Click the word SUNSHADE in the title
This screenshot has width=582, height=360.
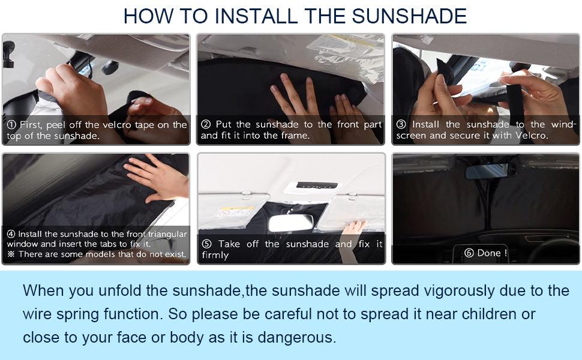409,16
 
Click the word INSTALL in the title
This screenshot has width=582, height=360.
256,16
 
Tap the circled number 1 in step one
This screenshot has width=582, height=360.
11,125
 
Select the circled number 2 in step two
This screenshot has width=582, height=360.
206,124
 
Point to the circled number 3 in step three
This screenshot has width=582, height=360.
401,124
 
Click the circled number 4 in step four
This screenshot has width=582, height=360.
11,234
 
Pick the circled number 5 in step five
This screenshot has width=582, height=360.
207,244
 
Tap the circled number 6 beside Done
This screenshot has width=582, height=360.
469,253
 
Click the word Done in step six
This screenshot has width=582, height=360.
489,253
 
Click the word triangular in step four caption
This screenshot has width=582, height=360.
167,234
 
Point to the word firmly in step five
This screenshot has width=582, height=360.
215,256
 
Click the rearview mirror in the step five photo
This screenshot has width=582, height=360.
291,223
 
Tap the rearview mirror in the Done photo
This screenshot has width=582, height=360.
490,171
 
